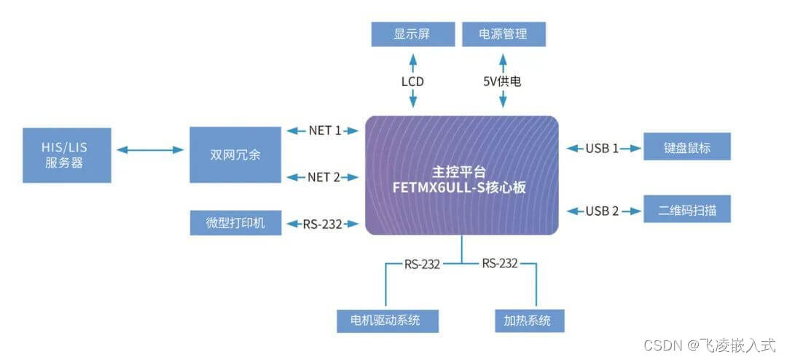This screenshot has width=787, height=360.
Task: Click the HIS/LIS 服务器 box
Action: click(66, 155)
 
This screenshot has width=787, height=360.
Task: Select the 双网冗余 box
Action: click(235, 154)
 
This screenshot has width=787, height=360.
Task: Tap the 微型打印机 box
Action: click(235, 223)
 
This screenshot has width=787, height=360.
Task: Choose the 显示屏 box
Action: click(412, 34)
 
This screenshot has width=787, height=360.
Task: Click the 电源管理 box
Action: click(504, 34)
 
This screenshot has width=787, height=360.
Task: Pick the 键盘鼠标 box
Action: click(686, 148)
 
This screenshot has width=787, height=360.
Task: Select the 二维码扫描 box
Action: click(686, 211)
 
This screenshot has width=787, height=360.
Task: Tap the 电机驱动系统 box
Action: click(389, 320)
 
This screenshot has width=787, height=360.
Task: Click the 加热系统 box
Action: click(528, 320)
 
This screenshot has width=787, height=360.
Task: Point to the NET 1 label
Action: click(324, 130)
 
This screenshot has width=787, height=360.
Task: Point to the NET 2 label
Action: click(324, 176)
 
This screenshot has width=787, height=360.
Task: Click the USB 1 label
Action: click(602, 148)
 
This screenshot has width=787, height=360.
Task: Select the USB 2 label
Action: click(602, 211)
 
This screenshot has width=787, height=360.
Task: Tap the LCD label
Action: click(412, 82)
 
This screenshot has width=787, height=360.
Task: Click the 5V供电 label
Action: click(504, 82)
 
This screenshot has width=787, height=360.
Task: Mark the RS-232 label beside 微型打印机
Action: click(322, 224)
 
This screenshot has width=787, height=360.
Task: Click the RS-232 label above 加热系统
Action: click(499, 263)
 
